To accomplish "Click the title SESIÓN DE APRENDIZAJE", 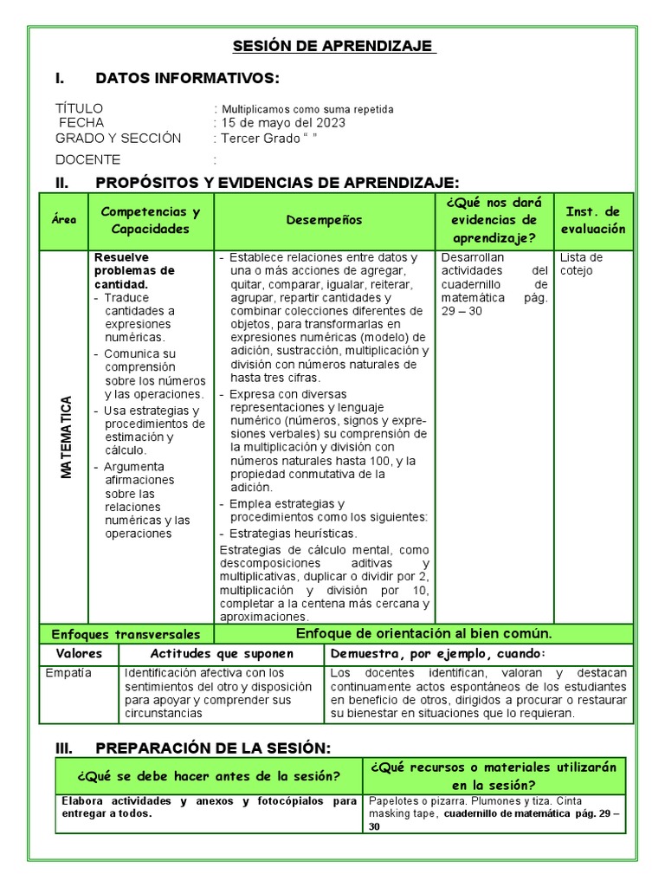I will [x=334, y=46].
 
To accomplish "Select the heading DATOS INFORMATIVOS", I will [x=187, y=79].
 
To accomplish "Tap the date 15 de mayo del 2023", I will [x=283, y=123].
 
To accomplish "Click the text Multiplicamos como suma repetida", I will [x=307, y=109].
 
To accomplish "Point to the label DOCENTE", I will [x=88, y=159].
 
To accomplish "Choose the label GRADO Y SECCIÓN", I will [x=119, y=139].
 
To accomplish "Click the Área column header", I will [x=63, y=220].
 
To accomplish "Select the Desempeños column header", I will [x=324, y=220].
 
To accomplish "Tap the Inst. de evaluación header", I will [x=593, y=220].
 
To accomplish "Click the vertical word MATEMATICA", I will [x=68, y=437].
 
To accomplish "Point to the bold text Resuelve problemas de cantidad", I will [x=134, y=270].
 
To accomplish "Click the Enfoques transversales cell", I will [x=126, y=634].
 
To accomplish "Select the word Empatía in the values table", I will [x=68, y=672].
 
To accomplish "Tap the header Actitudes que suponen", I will [x=222, y=653].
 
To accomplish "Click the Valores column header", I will [x=79, y=653].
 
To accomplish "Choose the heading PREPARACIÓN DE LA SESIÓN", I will [x=213, y=748].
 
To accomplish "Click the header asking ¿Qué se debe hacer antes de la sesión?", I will [x=208, y=774].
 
